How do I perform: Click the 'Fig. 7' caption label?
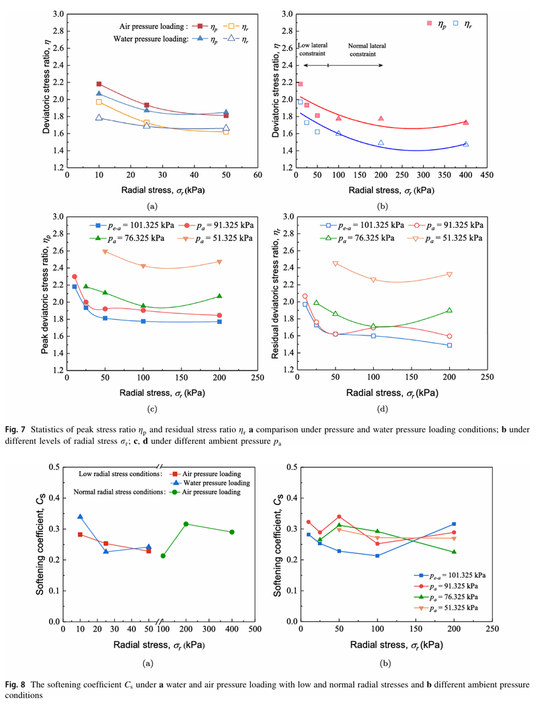(16, 410)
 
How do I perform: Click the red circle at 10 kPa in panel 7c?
(75, 276)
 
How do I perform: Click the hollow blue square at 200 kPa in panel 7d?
(449, 345)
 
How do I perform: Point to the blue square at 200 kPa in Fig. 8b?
(454, 524)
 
